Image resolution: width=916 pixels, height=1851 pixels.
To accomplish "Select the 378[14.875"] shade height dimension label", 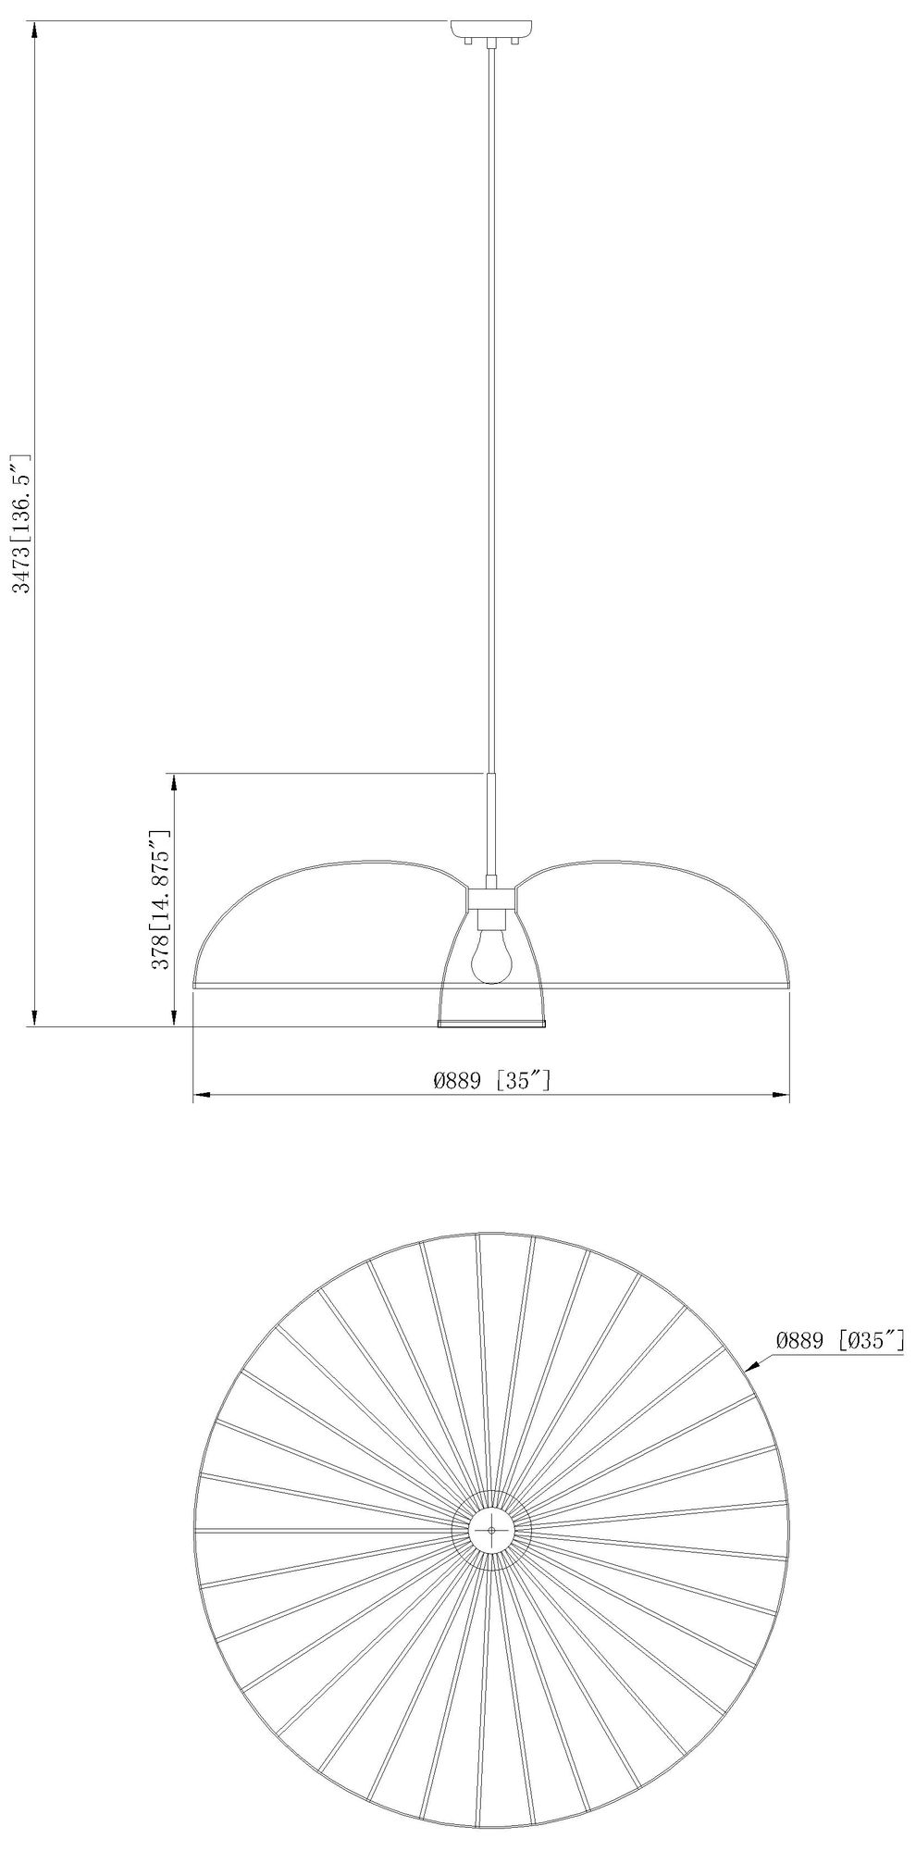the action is [161, 899].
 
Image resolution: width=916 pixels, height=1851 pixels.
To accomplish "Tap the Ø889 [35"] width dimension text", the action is [491, 1080].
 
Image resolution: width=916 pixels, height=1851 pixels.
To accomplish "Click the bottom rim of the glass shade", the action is [491, 1023].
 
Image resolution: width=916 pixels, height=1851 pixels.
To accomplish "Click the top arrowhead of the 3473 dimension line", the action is [34, 29].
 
